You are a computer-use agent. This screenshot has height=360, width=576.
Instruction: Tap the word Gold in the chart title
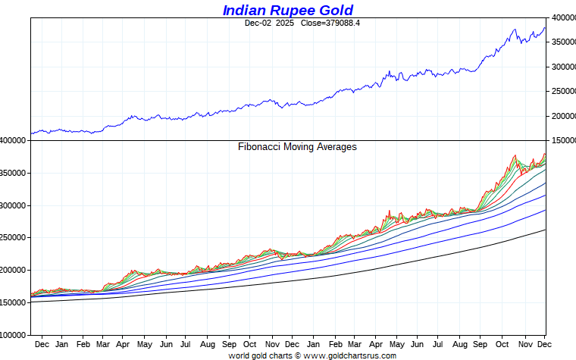pos(336,10)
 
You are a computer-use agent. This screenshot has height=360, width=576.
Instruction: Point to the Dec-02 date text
pos(258,23)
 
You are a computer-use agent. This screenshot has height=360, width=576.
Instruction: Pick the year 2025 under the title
pos(285,23)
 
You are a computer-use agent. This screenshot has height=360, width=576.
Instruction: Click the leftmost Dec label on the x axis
pos(42,343)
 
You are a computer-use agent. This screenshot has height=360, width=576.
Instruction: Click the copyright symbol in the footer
pos(298,355)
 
